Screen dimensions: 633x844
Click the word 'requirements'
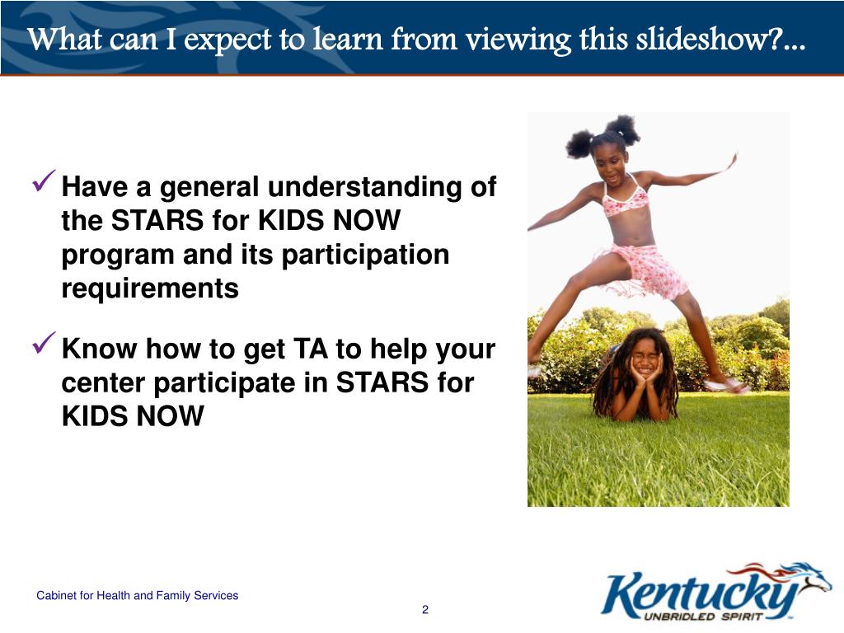(x=150, y=289)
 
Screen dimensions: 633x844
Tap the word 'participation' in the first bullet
(x=365, y=256)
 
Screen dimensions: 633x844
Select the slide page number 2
(x=425, y=610)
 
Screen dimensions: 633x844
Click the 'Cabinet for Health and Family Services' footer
(x=138, y=595)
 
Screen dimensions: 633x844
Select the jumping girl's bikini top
(x=624, y=199)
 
